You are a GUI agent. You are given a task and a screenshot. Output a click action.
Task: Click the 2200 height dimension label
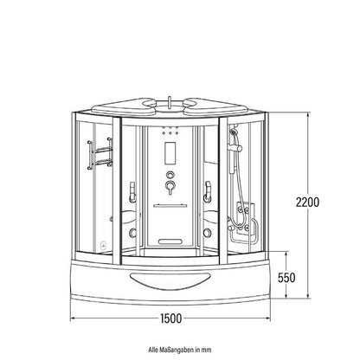click(x=307, y=202)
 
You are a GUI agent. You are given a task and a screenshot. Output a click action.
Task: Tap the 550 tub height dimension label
click(x=286, y=278)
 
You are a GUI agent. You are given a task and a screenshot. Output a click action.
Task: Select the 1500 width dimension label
click(x=171, y=318)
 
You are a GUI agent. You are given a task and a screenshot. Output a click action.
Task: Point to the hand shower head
click(x=234, y=132)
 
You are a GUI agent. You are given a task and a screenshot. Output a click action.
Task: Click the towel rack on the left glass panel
click(x=100, y=153)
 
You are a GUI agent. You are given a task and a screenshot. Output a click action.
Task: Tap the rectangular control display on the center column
click(x=170, y=154)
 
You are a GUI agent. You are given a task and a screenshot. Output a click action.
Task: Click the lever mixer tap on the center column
click(x=170, y=187)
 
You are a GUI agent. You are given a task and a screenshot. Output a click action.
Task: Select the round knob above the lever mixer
click(x=170, y=175)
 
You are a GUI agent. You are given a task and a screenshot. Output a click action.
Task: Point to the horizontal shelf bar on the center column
click(x=170, y=206)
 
